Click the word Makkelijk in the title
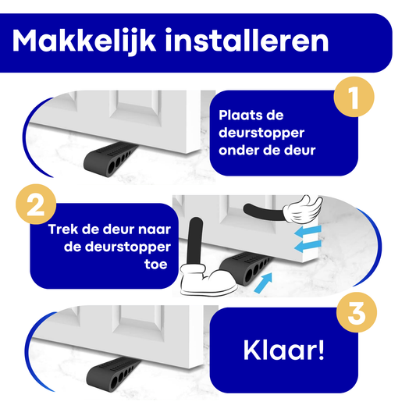click(x=84, y=41)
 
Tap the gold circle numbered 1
click(x=354, y=97)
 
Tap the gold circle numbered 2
click(x=36, y=204)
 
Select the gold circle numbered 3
click(x=357, y=312)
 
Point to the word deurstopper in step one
click(x=261, y=133)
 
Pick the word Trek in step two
click(x=63, y=229)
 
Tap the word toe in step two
click(x=156, y=265)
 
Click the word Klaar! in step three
click(x=283, y=350)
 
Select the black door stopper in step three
click(x=112, y=374)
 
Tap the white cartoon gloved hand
click(x=303, y=209)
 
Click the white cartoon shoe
click(x=208, y=279)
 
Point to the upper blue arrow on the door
click(x=308, y=231)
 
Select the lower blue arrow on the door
click(x=308, y=246)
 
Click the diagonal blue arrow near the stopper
click(x=264, y=283)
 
